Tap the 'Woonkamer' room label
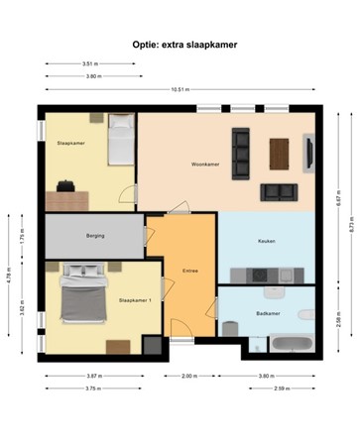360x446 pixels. coord(205,164)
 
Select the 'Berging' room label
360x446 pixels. coord(95,235)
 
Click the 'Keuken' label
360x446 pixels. coord(266,241)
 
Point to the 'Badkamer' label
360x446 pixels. coord(267,311)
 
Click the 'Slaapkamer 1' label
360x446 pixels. coord(134,299)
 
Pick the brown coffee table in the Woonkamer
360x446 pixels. coord(281,151)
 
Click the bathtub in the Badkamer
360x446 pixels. coord(293,345)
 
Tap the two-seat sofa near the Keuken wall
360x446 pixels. coord(278,190)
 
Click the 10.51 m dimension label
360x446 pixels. coord(180,89)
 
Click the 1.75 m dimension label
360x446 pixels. coord(22,237)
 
